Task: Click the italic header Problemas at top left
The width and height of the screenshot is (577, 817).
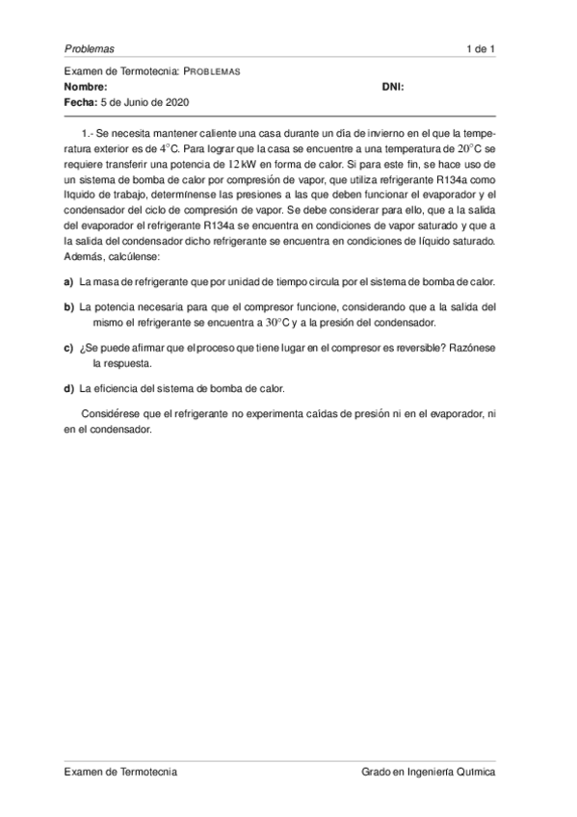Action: point(89,48)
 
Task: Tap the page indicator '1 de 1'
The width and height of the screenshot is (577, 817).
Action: point(480,48)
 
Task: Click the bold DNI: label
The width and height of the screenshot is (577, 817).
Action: point(393,86)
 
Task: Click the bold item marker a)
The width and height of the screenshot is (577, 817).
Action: point(68,282)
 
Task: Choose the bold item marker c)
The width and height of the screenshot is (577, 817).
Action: point(68,348)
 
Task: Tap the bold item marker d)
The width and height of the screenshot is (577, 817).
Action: point(68,389)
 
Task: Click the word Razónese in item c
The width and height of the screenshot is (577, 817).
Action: point(472,348)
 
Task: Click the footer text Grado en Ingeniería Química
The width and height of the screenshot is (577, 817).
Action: point(429,772)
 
